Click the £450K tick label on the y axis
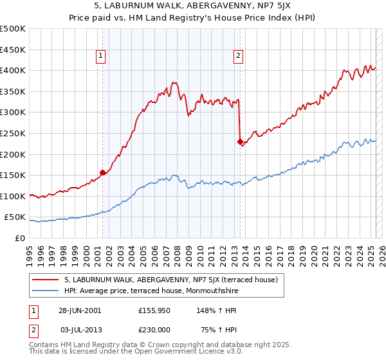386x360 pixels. [13, 50]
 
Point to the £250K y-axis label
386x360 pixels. [13, 133]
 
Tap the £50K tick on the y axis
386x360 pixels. [15, 217]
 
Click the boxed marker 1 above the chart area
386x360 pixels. [102, 57]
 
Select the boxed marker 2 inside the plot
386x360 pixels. [239, 57]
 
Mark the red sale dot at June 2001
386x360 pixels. [103, 172]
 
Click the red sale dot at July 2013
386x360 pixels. [240, 141]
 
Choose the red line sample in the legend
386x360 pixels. [46, 280]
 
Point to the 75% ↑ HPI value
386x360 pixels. [210, 328]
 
